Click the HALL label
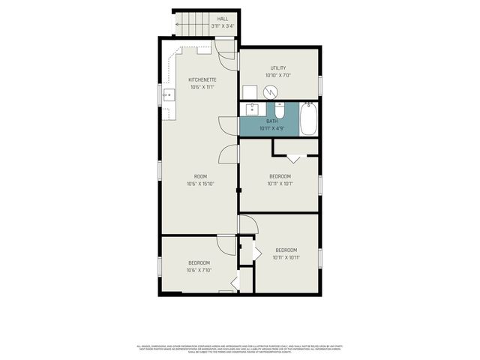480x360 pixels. click(223, 19)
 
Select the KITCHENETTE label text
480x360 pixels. click(203, 79)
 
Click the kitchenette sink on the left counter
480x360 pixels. click(169, 95)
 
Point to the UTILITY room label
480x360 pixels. click(278, 68)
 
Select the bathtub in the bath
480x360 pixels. click(308, 120)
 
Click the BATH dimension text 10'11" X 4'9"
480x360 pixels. click(271, 128)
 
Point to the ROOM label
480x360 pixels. click(201, 177)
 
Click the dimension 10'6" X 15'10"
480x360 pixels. click(201, 184)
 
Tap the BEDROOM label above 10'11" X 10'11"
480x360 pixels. click(286, 250)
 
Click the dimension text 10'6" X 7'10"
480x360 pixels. click(199, 270)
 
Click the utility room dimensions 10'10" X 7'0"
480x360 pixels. click(278, 75)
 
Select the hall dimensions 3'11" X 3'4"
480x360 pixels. click(223, 26)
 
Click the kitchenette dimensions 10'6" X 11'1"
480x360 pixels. click(203, 87)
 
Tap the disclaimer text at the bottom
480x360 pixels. click(240, 348)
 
